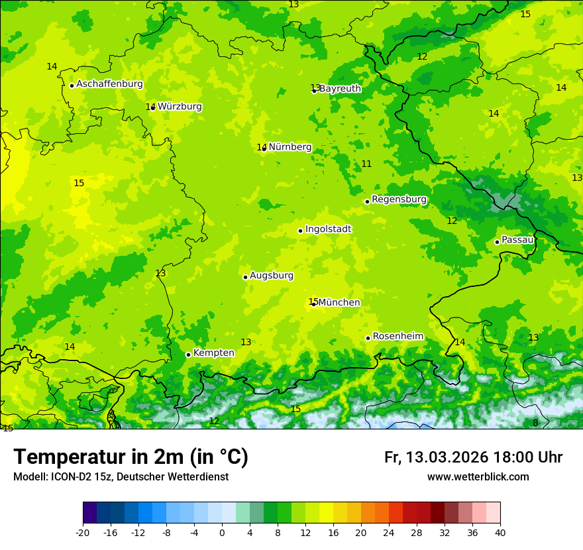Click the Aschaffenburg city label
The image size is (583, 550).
pos(109,84)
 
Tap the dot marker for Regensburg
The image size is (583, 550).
pos(367,201)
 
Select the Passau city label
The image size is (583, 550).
pos(517,240)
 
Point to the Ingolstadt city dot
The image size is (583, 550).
pos(300,231)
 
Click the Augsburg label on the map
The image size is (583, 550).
pos(272,276)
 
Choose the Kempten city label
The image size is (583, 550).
pos(213,353)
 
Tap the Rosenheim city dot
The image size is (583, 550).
pos(368,339)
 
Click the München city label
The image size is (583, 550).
pos(339,303)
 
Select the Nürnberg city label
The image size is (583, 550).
pos(290,147)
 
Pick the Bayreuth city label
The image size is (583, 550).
pos(340,89)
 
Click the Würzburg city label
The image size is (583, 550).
pos(180,107)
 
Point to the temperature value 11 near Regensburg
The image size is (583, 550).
pos(366,164)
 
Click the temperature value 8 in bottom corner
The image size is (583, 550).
pos(535,423)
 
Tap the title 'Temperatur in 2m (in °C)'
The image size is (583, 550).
pos(131,457)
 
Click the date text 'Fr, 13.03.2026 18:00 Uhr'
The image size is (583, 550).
pos(473,457)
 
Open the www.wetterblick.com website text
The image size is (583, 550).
pos(478,477)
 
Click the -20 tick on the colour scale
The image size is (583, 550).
pos(83,532)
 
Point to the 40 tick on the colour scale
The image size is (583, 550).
pos(500,532)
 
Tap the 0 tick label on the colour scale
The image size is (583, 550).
pos(222,532)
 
